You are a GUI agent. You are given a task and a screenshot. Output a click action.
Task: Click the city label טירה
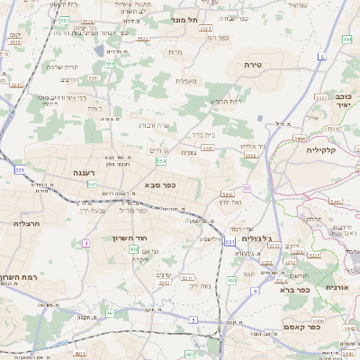point(252,66)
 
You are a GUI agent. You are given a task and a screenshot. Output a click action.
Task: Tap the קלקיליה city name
point(320,149)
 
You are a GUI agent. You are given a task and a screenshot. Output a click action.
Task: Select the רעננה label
point(91,170)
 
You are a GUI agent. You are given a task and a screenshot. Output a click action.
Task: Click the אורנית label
point(335,287)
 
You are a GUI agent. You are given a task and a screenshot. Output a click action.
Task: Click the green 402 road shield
point(133,249)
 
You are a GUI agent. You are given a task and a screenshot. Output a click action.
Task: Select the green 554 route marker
point(161,161)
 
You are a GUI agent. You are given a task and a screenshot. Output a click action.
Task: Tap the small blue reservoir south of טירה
point(260,118)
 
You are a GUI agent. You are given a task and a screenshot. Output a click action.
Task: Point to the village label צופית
point(189,152)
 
